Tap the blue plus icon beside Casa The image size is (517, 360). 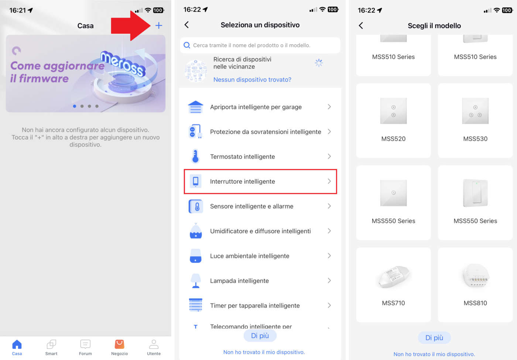pos(158,26)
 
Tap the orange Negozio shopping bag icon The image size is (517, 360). pos(119,344)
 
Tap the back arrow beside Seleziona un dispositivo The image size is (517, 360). pos(187,25)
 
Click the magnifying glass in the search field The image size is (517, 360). pos(187,45)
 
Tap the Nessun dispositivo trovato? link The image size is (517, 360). pos(252,79)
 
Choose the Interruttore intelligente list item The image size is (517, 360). pos(260,181)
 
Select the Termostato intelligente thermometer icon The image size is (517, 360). pos(195,156)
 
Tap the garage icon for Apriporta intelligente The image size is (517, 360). pos(195,107)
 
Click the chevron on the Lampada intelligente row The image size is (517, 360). pos(329,281)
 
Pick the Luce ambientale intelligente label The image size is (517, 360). pos(250,256)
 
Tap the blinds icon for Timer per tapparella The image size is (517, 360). pos(195,305)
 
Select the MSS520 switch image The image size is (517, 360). pos(393,111)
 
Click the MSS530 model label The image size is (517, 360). pos(475,139)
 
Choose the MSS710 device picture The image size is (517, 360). pos(393,276)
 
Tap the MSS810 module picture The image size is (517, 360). pos(475,275)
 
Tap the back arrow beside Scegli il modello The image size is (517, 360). pos(361,26)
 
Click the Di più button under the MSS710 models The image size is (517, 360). pos(434,337)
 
